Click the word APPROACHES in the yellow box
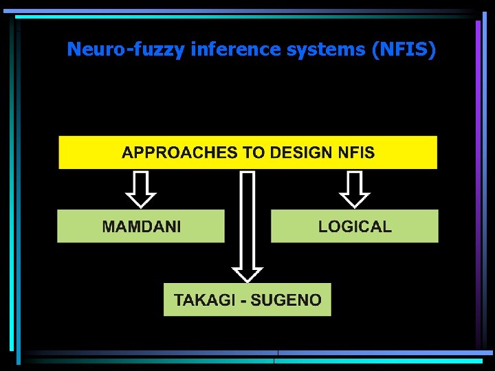179,153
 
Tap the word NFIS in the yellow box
355,153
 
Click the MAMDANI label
142,227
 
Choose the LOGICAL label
355,227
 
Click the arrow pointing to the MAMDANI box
142,189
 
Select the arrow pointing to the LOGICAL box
355,189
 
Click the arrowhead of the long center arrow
247,271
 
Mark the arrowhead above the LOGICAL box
355,199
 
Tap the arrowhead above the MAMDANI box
142,199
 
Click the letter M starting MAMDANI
109,227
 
